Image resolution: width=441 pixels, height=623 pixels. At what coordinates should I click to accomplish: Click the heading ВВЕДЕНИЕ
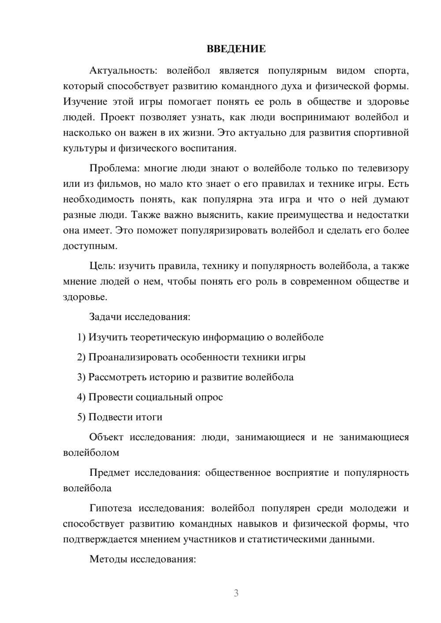[236, 49]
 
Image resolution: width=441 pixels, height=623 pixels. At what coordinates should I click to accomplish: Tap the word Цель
[102, 266]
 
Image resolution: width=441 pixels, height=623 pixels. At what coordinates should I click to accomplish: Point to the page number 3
[236, 593]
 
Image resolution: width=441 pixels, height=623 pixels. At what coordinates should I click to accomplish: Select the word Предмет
[109, 473]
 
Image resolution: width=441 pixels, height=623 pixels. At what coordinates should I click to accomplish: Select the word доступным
[90, 246]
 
